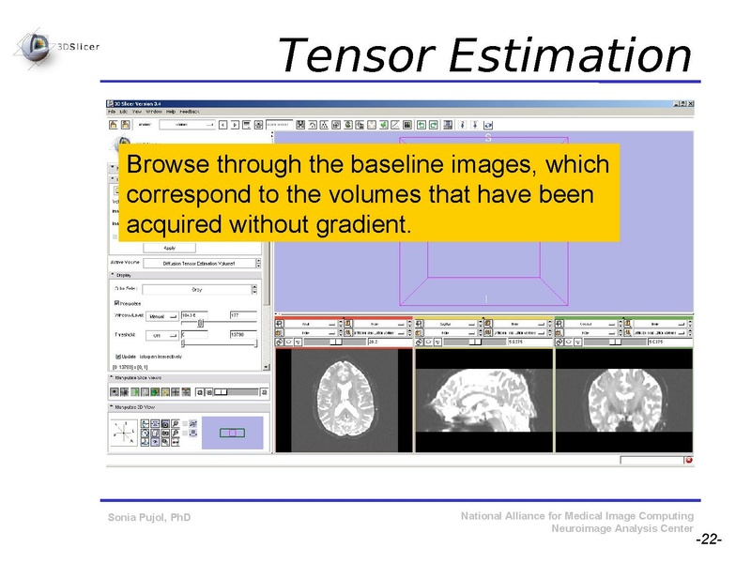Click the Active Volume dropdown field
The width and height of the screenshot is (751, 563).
(198, 264)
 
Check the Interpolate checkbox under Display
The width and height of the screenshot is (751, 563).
(117, 303)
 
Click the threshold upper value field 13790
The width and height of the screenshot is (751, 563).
(242, 334)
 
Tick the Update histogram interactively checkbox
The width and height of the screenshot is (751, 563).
(117, 357)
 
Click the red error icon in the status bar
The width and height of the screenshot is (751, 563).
(688, 461)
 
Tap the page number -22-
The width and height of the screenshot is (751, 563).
(708, 541)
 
